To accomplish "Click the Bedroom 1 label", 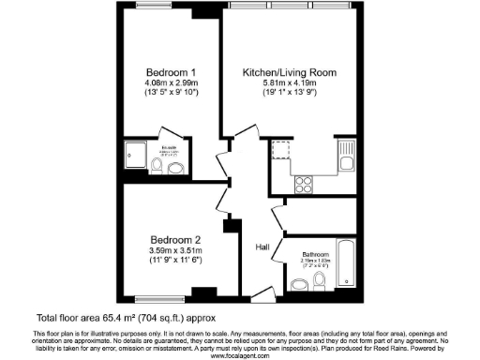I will point(171,72).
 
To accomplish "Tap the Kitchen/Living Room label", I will point(289,72).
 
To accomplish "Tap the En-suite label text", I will point(169,147).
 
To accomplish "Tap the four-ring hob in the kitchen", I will point(305,182).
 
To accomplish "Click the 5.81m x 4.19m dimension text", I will point(289,84).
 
